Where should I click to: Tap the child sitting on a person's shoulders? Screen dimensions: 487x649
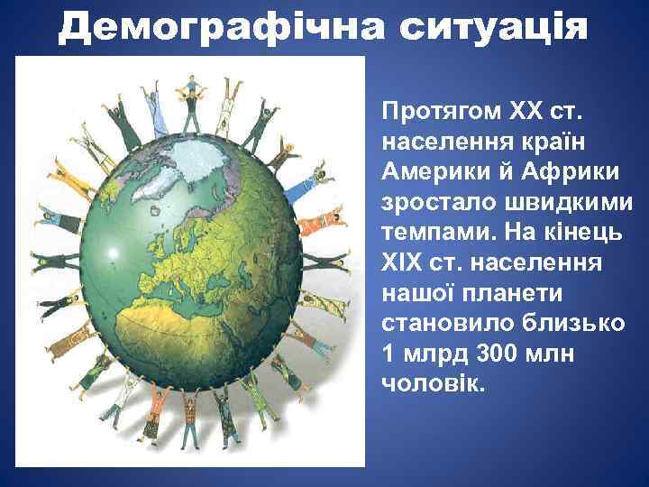click(x=190, y=85)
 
